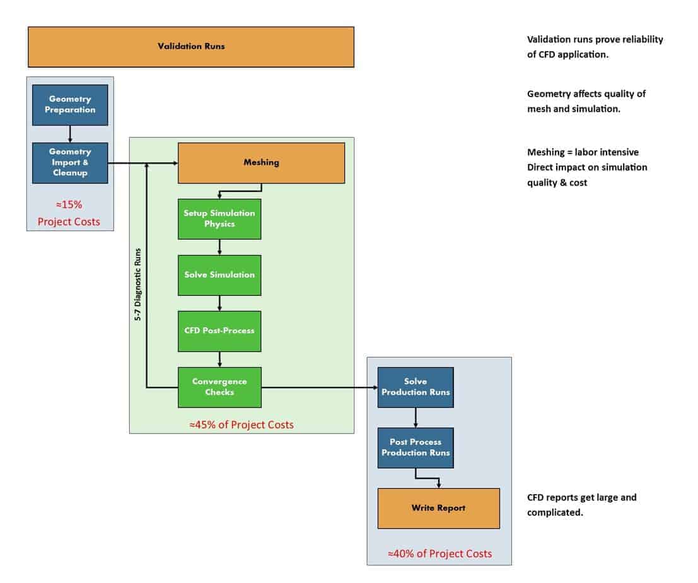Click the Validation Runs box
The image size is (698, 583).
coord(190,47)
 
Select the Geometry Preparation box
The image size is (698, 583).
coord(70,105)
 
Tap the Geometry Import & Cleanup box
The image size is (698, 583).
coord(70,163)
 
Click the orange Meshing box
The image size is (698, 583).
coord(261,163)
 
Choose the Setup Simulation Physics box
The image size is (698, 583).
coord(219,219)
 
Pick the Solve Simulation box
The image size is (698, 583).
coord(219,275)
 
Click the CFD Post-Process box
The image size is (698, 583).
coord(219,331)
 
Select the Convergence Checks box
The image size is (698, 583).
coord(219,387)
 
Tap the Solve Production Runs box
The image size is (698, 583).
coord(416,387)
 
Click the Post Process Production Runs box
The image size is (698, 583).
coord(416,447)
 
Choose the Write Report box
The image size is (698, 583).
coord(438,508)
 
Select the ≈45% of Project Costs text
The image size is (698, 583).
coord(241,425)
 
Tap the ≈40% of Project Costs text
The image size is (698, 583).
coord(439,553)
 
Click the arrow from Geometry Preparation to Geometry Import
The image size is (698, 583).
coord(70,133)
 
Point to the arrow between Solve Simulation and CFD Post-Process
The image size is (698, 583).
coord(219,303)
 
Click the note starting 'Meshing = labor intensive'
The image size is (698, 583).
coord(587,167)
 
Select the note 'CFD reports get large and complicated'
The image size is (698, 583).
coord(581,505)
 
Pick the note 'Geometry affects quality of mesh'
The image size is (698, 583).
coord(586,101)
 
